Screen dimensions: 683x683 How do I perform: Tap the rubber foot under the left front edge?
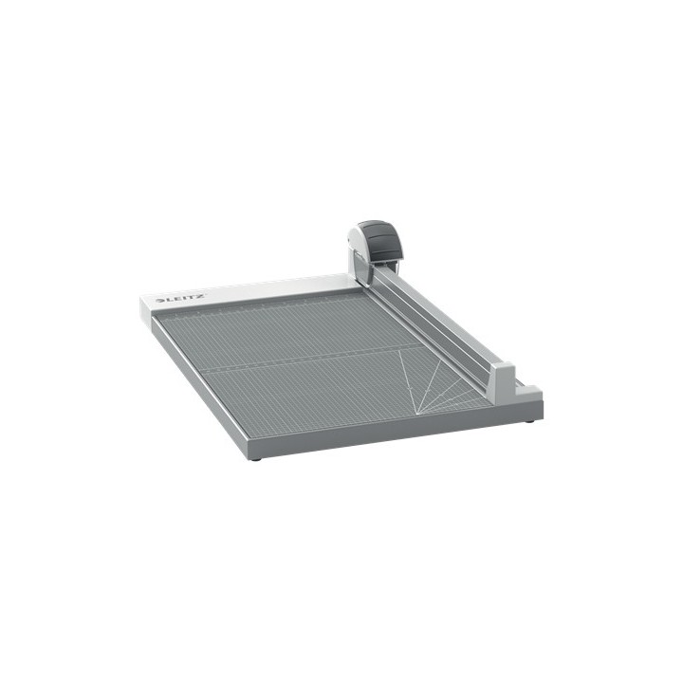click(x=254, y=458)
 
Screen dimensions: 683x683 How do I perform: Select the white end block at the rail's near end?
click(x=503, y=379)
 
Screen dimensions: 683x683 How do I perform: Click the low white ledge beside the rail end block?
click(x=527, y=389)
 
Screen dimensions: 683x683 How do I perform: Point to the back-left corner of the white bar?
click(x=141, y=298)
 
